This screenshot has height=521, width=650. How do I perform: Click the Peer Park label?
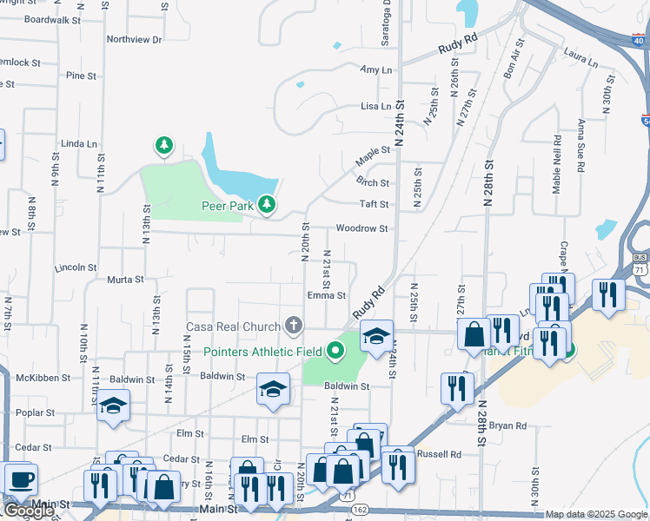[x=227, y=206]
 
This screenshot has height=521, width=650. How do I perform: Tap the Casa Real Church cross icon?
[x=294, y=326]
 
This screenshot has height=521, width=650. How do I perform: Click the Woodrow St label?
[x=361, y=228]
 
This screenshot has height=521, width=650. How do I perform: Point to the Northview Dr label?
[x=134, y=40]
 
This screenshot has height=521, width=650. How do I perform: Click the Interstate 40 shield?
[x=638, y=38]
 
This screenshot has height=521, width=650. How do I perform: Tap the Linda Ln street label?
[x=77, y=143]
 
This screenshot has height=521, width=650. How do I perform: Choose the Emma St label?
[x=327, y=296]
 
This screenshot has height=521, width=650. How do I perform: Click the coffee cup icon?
[x=20, y=478]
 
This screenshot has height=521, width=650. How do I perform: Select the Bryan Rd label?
[x=507, y=425]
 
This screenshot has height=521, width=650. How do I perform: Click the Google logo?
[x=28, y=511]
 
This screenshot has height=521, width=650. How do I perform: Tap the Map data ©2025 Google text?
[x=596, y=515]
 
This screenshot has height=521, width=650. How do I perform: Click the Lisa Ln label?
[x=376, y=106]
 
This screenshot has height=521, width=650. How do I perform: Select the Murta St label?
[x=125, y=280]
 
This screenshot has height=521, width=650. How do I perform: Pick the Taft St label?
[x=374, y=204]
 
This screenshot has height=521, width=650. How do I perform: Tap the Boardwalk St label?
[x=52, y=19]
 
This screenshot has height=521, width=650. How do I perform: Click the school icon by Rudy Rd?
[x=376, y=335]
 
